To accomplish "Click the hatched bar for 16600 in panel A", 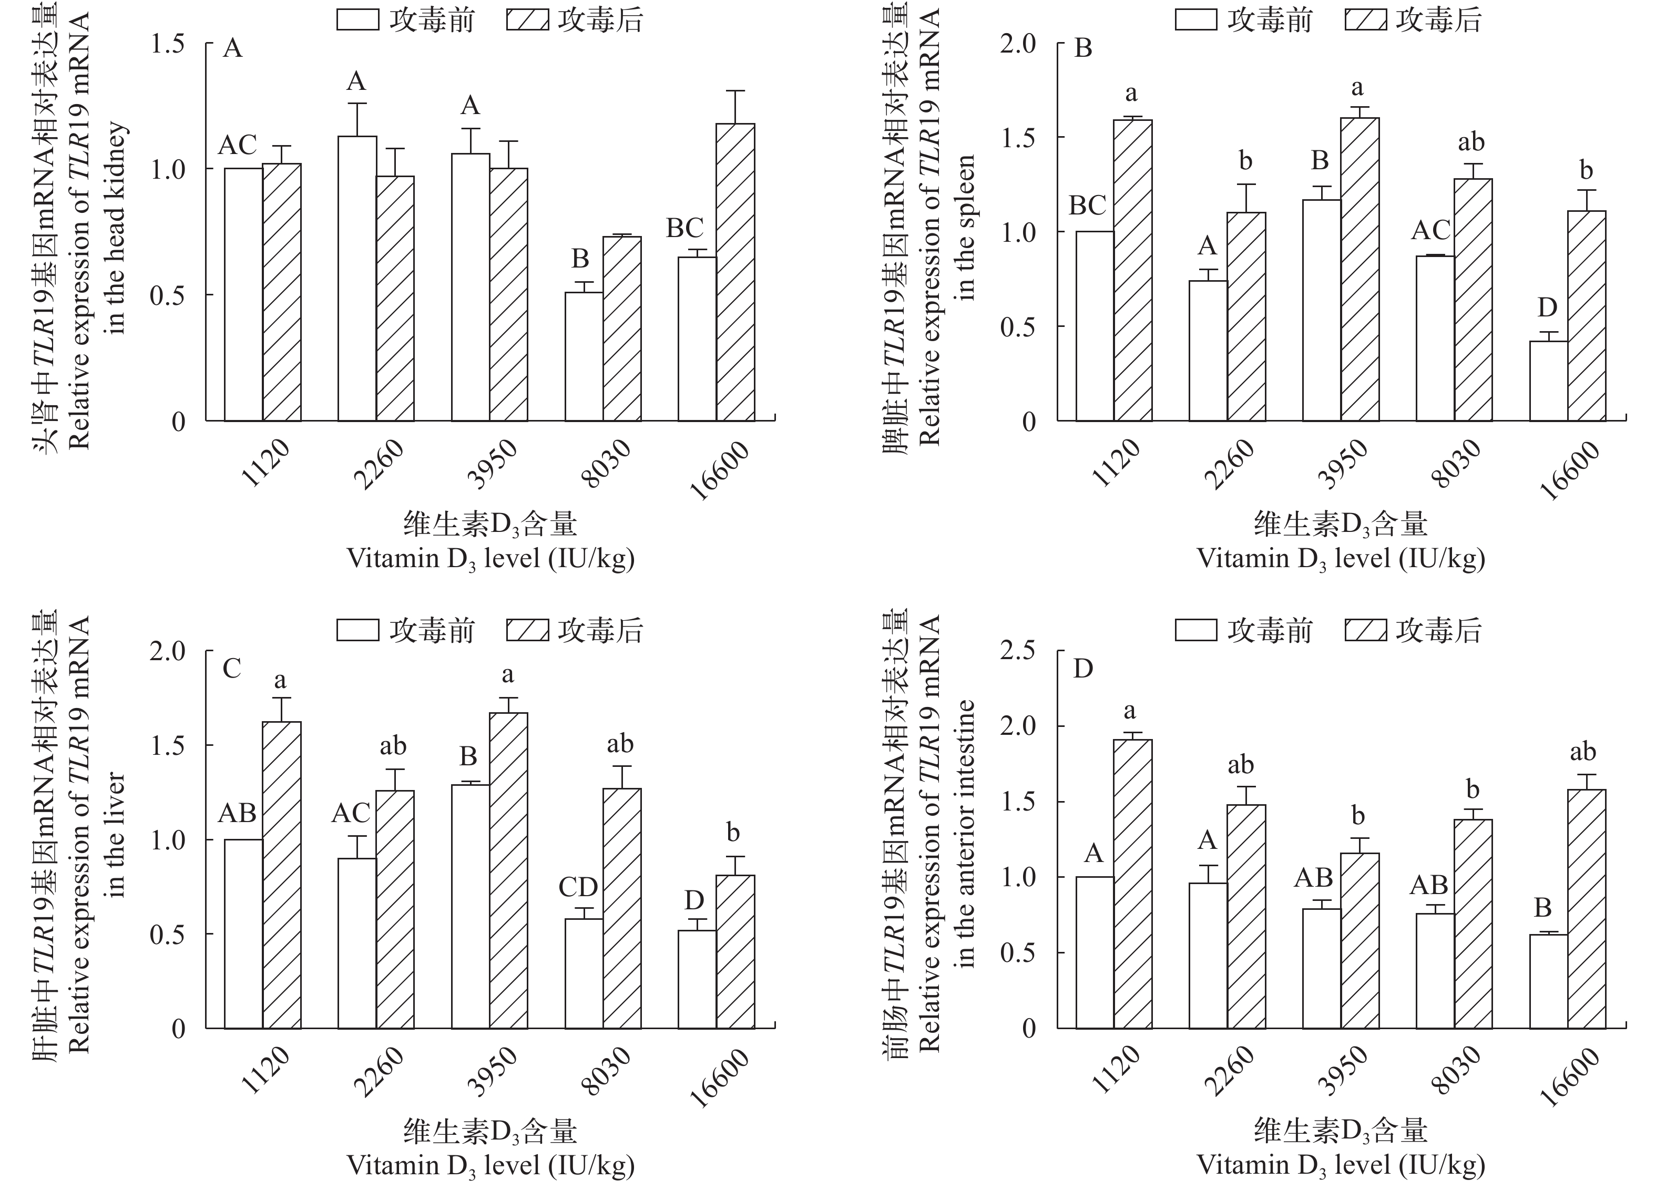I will [x=735, y=272].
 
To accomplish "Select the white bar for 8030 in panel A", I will [x=584, y=356].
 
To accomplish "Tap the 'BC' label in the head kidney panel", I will [x=684, y=229].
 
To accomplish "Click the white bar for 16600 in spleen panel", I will [x=1548, y=381].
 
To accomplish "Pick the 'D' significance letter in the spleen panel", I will [x=1547, y=308].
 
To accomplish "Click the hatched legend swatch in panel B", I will [x=1365, y=20].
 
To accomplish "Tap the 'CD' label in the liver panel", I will [x=578, y=887].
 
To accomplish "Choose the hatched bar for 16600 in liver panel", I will [x=735, y=951].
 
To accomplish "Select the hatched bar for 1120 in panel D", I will [x=1132, y=884].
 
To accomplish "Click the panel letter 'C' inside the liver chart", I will [x=231, y=668].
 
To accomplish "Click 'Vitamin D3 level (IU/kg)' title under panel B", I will [x=1341, y=559].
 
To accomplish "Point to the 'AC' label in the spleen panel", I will [x=1429, y=231].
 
